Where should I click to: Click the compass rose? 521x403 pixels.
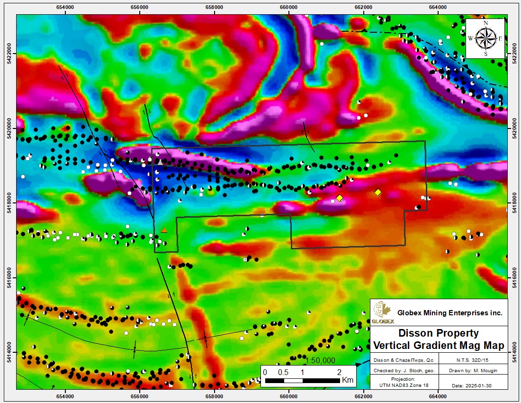tap(485, 38)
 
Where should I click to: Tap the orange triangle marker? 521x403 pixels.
tap(164, 230)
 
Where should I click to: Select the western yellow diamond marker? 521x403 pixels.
tap(339, 198)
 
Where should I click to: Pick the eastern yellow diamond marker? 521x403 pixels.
tap(377, 192)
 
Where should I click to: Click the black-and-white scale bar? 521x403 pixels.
tap(302, 380)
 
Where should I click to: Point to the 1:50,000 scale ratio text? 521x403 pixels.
tap(321, 361)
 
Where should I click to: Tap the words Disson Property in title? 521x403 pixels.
tap(438, 333)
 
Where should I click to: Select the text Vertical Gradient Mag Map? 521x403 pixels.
tap(438, 345)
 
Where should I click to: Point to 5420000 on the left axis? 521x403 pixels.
tap(9, 128)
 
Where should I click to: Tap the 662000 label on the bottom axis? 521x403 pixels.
tap(363, 395)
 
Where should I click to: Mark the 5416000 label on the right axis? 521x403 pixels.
tap(514, 277)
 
